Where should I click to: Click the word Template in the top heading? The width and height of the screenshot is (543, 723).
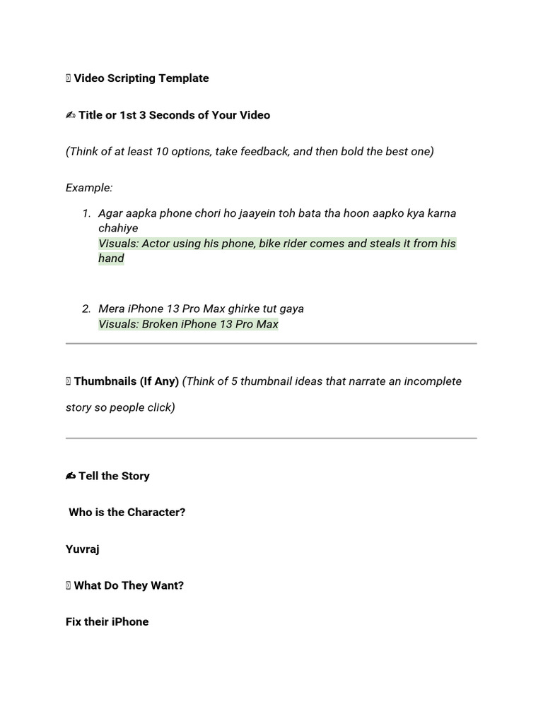pos(183,78)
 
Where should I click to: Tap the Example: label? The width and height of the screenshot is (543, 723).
pos(89,188)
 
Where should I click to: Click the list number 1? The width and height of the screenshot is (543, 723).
pos(86,213)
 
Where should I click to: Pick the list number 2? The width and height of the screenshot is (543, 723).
pos(86,309)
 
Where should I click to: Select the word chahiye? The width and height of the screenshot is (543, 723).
pos(118,228)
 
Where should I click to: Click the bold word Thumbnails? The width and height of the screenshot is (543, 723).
pos(105,381)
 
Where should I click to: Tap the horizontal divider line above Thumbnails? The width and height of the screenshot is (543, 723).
pos(271,344)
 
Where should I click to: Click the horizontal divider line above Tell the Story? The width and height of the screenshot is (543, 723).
pos(271,438)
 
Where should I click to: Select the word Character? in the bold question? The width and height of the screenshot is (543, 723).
pos(156,513)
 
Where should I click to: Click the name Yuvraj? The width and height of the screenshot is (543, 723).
pos(83,549)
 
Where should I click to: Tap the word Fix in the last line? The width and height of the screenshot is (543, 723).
pos(75,622)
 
